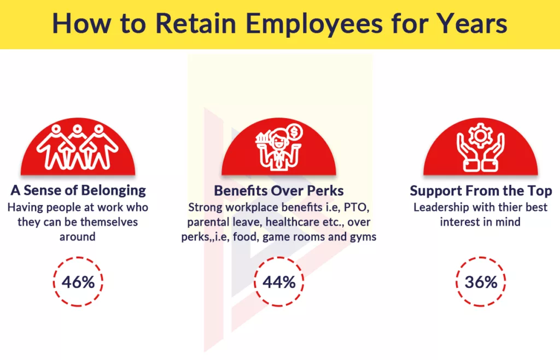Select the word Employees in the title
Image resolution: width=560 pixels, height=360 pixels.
pos(316,24)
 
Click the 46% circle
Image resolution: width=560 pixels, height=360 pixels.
pos(78,282)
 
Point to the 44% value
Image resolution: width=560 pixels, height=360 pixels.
pos(279,282)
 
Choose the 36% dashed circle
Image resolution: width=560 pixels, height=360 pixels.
pos(481,282)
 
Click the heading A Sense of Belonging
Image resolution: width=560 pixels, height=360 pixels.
pos(78,190)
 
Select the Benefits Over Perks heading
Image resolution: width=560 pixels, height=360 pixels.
pos(279,190)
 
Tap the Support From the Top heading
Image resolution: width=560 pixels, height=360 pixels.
pos(481,191)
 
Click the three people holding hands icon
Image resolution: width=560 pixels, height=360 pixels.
pos(78,145)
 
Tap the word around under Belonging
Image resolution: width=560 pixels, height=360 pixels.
pos(77,237)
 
